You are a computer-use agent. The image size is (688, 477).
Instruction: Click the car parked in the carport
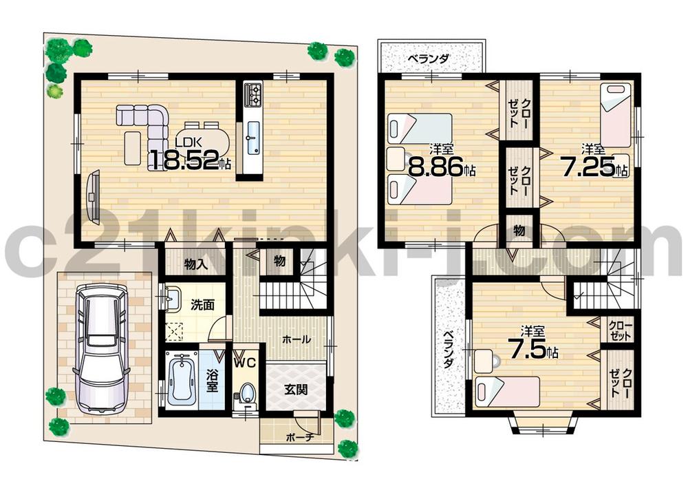102,349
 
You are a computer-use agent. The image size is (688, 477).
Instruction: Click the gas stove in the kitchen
252,94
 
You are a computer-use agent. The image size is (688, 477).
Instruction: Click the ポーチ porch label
297,436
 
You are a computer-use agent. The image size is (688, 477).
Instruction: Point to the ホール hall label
296,339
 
